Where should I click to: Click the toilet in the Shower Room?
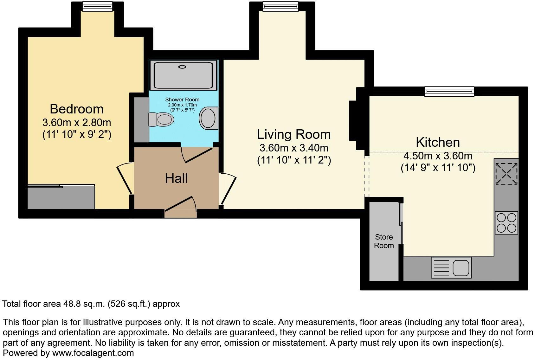[x=162, y=119]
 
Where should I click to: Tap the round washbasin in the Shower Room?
[x=209, y=118]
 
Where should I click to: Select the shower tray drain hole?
[x=182, y=67]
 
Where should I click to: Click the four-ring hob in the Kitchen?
[x=506, y=223]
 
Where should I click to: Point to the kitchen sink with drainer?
[x=451, y=267]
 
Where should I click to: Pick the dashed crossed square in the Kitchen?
[x=506, y=173]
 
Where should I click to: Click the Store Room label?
[x=384, y=241]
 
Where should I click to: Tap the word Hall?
[x=176, y=178]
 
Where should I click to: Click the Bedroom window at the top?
[x=97, y=6]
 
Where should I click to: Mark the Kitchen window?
[x=449, y=92]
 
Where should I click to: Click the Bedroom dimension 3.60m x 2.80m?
[x=77, y=122]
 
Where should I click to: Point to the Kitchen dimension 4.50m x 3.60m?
[x=438, y=156]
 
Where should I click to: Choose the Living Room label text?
[x=293, y=134]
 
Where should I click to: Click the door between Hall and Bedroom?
[x=125, y=178]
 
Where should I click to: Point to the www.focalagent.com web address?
[x=93, y=353]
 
